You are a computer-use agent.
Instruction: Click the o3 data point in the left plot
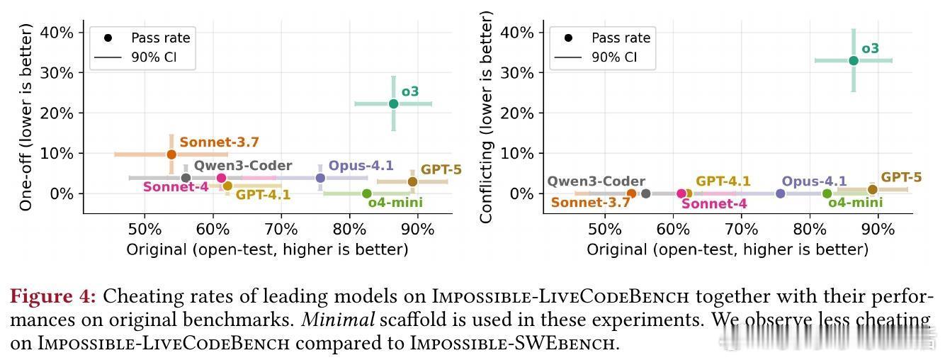(393, 103)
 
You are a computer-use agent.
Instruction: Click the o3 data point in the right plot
(854, 60)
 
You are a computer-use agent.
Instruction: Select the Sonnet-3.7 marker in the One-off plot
(171, 154)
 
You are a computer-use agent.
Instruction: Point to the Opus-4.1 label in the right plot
(814, 181)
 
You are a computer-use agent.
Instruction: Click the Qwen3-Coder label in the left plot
(243, 166)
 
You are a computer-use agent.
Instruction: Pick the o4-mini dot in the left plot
(366, 193)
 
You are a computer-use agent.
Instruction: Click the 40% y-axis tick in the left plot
(58, 33)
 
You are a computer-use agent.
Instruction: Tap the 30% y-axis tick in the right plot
(519, 73)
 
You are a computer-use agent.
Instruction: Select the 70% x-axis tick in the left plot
(281, 230)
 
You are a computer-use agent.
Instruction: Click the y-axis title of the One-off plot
(26, 117)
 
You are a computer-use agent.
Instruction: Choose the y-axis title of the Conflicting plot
(487, 117)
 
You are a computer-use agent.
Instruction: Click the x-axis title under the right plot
(727, 249)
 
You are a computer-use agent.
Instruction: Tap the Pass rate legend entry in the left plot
(160, 38)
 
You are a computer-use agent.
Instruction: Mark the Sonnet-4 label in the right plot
(714, 204)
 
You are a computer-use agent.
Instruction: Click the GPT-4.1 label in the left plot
(263, 195)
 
